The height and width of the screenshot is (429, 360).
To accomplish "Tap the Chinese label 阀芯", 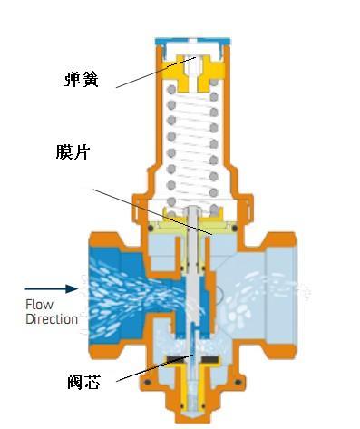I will [83, 383].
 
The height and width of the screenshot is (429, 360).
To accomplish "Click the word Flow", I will [41, 305].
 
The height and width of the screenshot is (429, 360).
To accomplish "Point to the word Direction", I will [51, 319].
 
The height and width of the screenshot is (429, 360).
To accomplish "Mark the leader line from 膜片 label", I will [154, 210].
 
